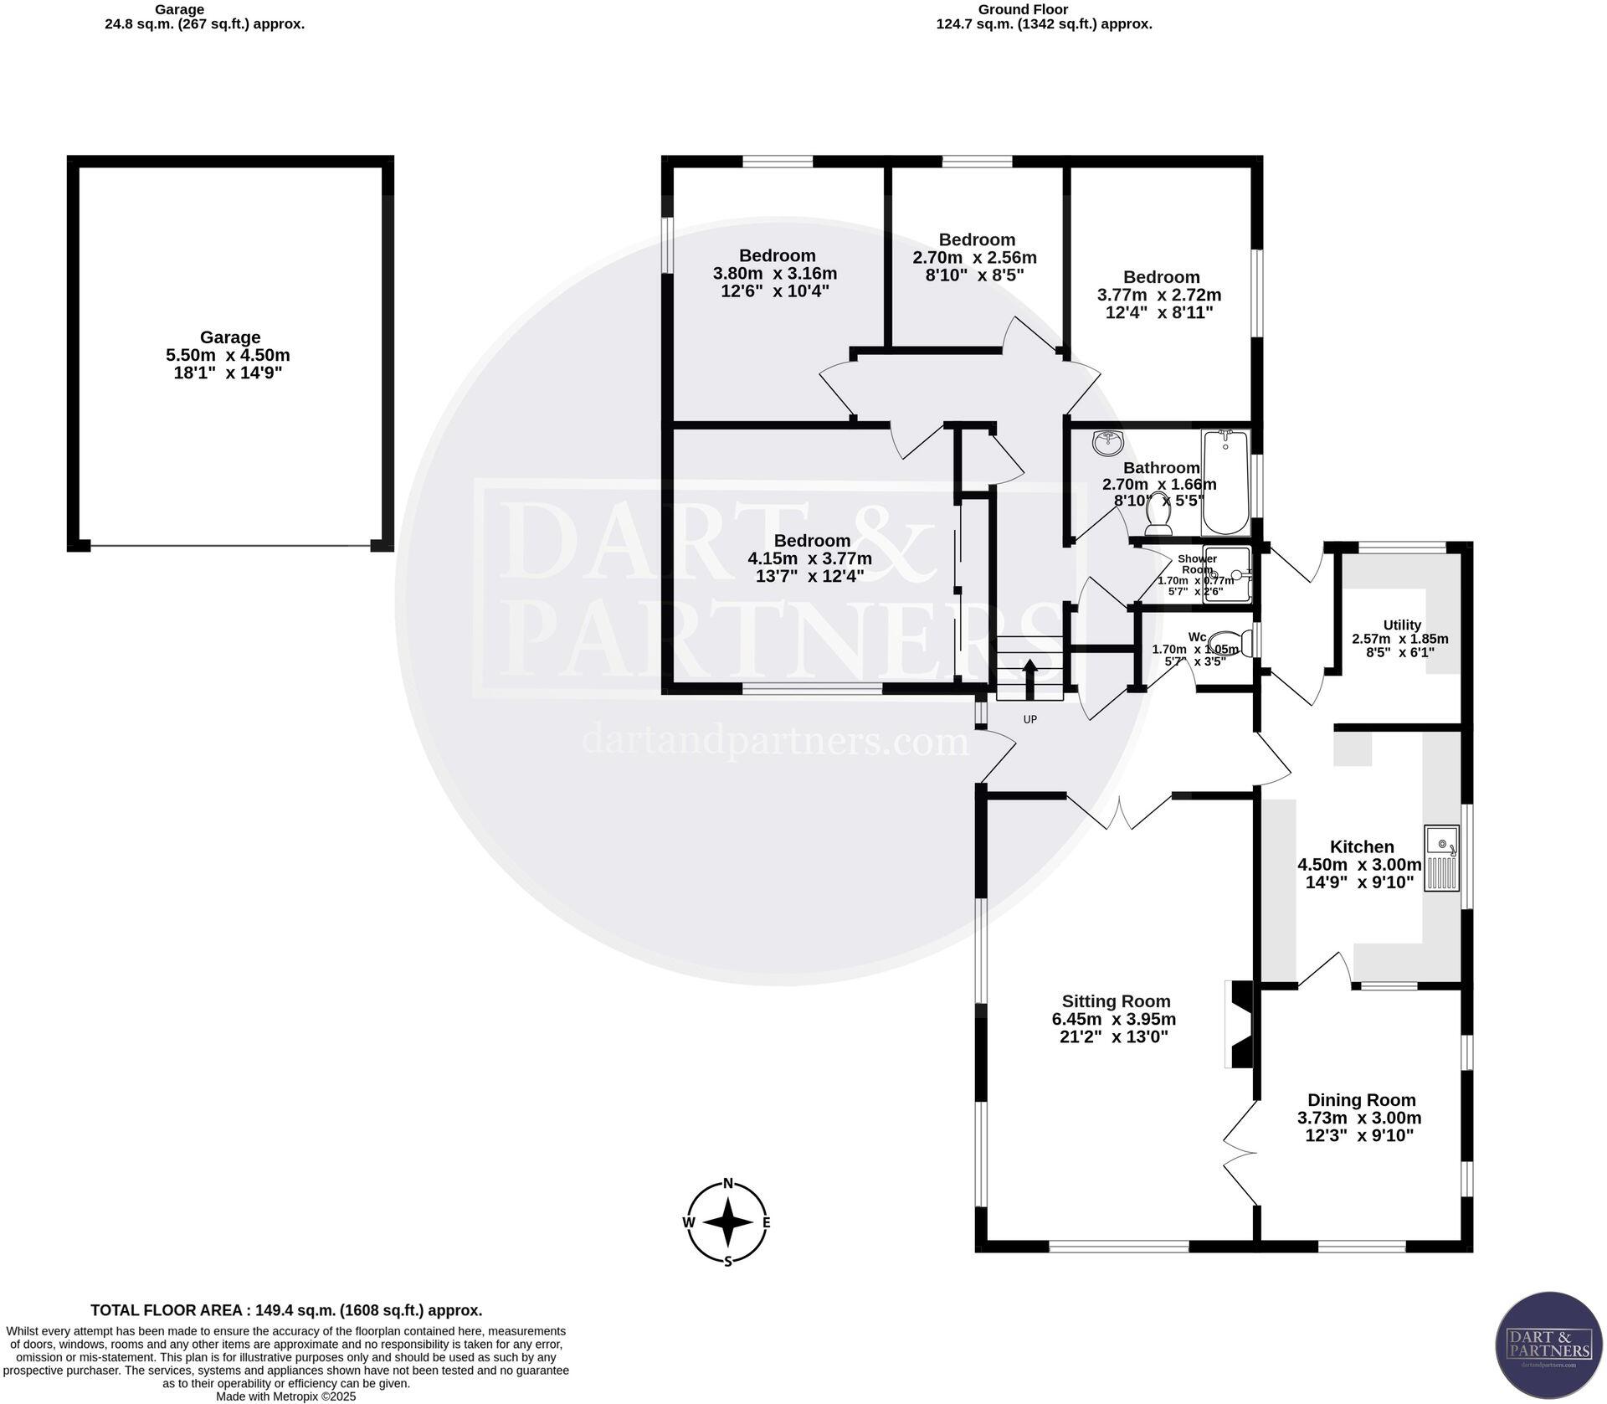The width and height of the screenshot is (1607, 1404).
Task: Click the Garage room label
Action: (229, 337)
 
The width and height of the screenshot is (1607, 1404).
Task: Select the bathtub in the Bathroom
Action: (1225, 482)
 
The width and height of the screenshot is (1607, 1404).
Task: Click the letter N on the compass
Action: (728, 1183)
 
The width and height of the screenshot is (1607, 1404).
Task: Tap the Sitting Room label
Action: (1116, 1001)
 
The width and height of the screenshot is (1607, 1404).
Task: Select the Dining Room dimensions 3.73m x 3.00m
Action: (1359, 1118)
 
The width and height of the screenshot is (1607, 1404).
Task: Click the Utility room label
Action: (1402, 625)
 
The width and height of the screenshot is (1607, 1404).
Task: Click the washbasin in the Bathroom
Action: (1109, 441)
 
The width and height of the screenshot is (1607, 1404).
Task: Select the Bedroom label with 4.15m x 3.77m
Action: (812, 541)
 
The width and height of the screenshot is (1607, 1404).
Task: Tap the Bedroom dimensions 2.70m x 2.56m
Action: (974, 258)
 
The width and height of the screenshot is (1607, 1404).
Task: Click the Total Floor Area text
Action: (286, 1310)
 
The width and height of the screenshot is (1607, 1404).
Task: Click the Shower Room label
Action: (1197, 563)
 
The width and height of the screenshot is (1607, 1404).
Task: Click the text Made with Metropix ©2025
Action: (286, 1396)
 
